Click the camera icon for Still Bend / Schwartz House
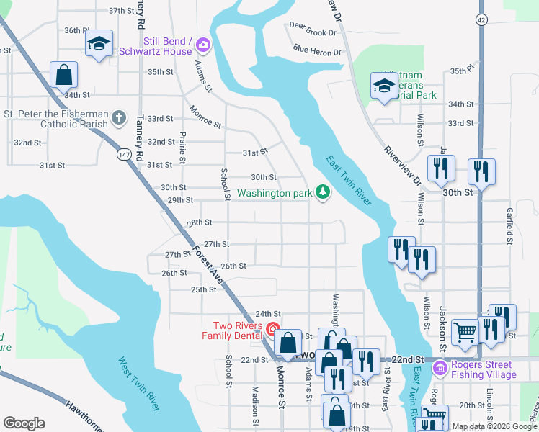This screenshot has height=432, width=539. click(202, 45)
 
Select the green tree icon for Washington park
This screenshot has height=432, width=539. click(324, 192)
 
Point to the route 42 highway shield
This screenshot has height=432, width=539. click(481, 19)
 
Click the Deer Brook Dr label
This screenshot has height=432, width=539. click(313, 32)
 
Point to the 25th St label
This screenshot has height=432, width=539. click(203, 289)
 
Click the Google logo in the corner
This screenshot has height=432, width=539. click(24, 423)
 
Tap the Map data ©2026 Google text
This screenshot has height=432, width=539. click(494, 426)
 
